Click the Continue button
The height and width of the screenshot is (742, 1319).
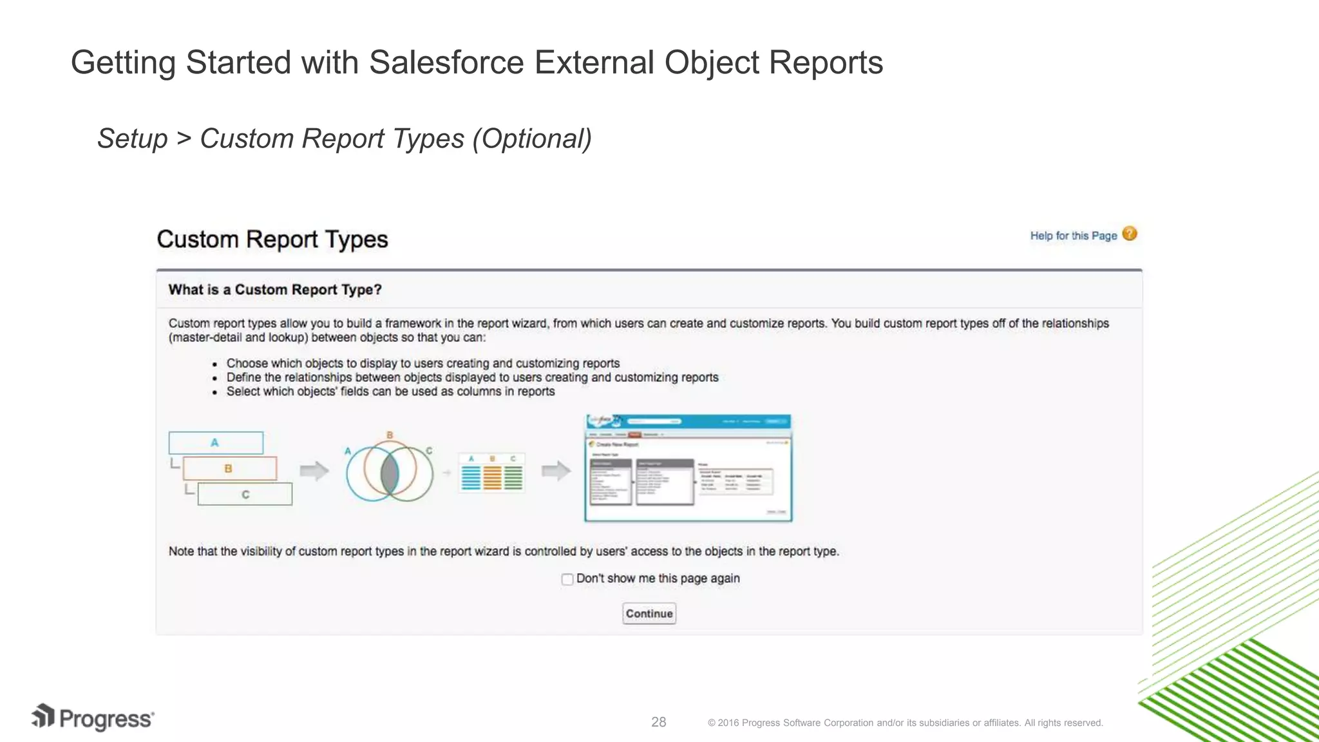click(649, 613)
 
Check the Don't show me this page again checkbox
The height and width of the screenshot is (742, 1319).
click(567, 579)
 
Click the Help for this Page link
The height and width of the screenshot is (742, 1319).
click(1073, 236)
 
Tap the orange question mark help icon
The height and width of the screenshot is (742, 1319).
click(1129, 234)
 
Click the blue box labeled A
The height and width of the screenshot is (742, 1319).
click(216, 443)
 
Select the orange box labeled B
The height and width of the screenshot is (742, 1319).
click(229, 468)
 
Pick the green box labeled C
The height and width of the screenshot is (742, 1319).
click(245, 495)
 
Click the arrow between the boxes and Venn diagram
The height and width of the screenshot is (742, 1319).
click(314, 471)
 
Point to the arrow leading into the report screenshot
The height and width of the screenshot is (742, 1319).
click(556, 471)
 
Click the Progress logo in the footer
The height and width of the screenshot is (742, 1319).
click(93, 718)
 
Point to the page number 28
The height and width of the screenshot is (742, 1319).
click(658, 722)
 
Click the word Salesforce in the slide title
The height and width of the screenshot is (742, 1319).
click(446, 63)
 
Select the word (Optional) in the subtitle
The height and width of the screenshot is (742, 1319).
click(531, 138)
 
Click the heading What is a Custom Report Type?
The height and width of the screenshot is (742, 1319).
click(275, 290)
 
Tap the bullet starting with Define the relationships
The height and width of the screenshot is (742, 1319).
click(472, 377)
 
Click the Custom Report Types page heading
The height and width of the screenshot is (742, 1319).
click(272, 240)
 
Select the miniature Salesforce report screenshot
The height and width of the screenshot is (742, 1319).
click(688, 468)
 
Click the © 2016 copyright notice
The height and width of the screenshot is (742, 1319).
click(905, 723)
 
